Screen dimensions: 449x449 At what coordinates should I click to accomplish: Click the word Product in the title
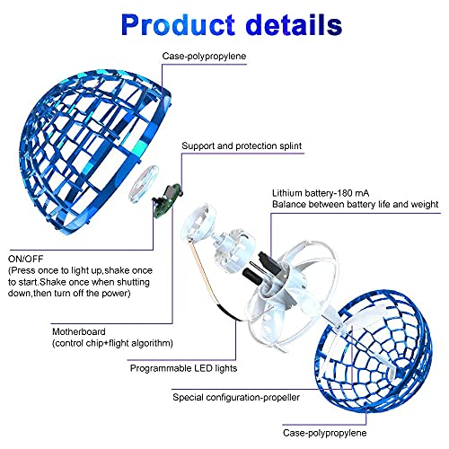(178, 25)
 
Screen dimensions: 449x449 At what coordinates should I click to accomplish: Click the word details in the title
(295, 25)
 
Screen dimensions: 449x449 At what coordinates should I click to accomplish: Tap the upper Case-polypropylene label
(204, 57)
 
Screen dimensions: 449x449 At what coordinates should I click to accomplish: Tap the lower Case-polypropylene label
(324, 433)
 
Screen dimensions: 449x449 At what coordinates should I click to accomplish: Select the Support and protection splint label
(242, 145)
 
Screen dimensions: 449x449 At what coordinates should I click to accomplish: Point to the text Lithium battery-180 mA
(321, 193)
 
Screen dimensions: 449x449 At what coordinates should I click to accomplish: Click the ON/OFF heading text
(26, 259)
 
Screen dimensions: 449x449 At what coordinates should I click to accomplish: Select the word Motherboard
(79, 331)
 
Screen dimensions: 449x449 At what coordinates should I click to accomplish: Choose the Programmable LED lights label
(183, 368)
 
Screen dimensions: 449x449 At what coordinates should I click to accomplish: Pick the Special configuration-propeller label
(236, 398)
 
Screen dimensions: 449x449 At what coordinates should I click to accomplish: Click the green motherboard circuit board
(167, 200)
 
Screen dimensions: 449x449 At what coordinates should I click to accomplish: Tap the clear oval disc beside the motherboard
(144, 183)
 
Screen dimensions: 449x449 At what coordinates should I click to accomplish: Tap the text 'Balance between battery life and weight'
(356, 205)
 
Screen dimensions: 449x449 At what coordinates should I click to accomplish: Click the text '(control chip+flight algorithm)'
(112, 343)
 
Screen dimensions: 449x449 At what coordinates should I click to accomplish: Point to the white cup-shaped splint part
(198, 222)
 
